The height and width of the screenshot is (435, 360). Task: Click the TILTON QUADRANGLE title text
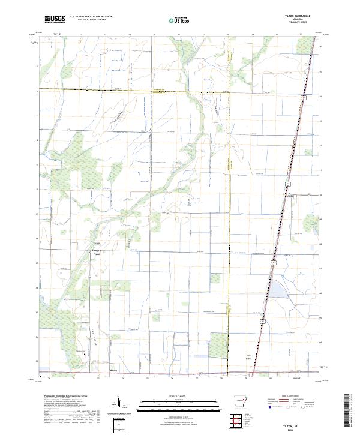[x=296, y=16]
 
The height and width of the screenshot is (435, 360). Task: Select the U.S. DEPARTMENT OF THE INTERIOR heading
[x=91, y=17]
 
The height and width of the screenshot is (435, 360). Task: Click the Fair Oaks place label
[x=248, y=358]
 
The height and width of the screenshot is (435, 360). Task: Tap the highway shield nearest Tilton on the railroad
[x=304, y=96]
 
